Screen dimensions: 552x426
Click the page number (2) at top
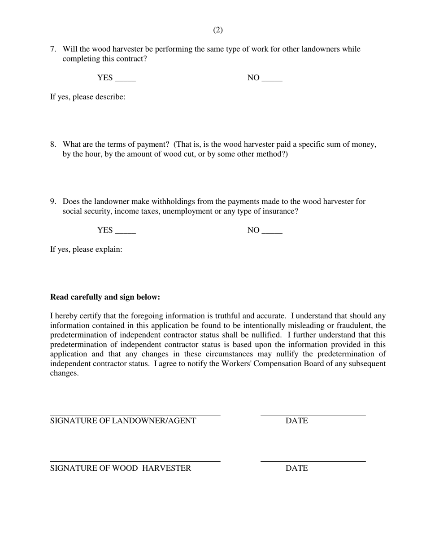coord(217,30)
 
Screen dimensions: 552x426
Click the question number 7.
coord(52,49)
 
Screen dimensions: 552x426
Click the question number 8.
coord(52,145)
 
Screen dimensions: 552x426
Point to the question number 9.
coord(52,202)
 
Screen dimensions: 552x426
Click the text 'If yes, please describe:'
coord(87,97)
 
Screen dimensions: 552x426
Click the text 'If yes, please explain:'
coord(86,250)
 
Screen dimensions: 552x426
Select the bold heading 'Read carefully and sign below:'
coord(105,297)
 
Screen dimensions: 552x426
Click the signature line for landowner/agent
coord(135,415)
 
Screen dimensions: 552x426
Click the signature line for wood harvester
coord(135,460)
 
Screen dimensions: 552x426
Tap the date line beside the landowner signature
coord(313,415)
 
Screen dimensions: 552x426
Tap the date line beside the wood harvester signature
coord(313,460)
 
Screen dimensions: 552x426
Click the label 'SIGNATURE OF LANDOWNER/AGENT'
coord(123,421)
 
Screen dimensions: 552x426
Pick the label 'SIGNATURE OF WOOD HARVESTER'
coord(120,469)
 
